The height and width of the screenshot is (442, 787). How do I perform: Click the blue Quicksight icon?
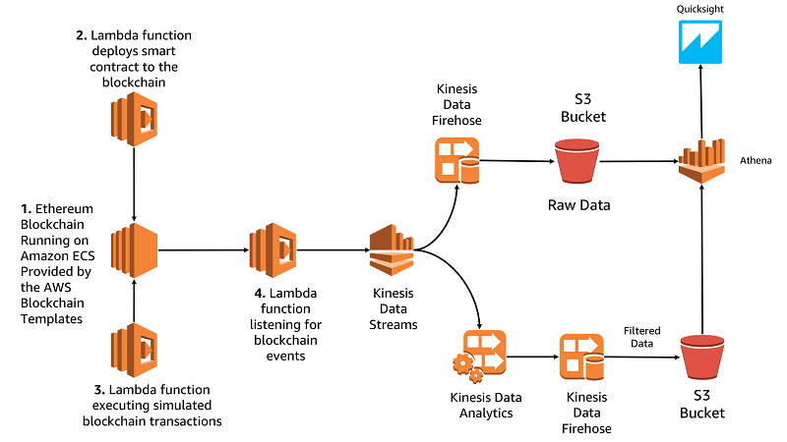[700, 42]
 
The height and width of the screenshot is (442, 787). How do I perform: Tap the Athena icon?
[701, 161]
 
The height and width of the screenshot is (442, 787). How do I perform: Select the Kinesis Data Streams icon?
[392, 250]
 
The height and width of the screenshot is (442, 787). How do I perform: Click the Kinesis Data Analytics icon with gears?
[479, 357]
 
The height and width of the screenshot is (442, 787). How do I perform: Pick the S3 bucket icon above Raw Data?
[577, 161]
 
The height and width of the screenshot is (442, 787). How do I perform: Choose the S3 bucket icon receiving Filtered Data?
[702, 358]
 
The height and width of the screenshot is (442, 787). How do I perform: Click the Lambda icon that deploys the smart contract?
[134, 119]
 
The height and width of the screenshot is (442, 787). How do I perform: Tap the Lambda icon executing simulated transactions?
[134, 350]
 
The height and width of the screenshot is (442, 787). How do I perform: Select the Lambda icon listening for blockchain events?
[273, 250]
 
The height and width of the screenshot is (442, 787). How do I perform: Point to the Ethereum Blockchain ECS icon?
[134, 250]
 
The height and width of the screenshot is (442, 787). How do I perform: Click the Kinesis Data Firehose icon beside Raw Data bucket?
[456, 160]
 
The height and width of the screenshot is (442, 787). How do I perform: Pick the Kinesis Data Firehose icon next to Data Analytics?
[581, 357]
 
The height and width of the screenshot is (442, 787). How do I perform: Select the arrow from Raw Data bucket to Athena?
[639, 161]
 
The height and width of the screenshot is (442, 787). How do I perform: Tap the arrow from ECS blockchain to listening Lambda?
[204, 250]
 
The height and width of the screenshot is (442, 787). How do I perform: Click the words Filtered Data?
[642, 337]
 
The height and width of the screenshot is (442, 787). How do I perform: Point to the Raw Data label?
[578, 205]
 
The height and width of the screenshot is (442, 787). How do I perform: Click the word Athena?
[756, 160]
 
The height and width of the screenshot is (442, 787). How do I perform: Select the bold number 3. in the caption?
[99, 389]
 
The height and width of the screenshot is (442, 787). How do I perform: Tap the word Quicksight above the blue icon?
[699, 9]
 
